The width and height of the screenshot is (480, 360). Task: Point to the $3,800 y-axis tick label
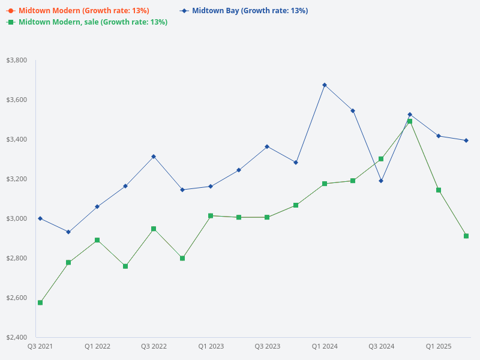16,60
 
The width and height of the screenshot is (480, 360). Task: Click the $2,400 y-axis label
16,337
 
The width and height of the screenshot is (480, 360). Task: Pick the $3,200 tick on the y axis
16,179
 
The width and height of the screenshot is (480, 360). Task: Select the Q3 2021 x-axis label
40,346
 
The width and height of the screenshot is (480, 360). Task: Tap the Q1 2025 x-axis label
439,346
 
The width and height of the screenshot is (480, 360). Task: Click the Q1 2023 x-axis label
211,346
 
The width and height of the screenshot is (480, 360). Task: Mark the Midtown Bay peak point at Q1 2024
325,85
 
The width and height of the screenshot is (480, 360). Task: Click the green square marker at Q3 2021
40,302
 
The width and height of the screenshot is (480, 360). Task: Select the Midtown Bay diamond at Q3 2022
154,157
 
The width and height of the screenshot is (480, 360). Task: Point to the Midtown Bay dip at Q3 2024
381,181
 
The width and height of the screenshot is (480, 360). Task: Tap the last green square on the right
466,236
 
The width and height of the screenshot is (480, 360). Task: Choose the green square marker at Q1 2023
211,215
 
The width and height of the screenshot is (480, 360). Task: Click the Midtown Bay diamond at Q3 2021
40,218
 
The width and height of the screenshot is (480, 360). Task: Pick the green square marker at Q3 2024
381,159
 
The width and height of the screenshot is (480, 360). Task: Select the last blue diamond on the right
466,140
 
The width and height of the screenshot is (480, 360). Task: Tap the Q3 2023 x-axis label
267,346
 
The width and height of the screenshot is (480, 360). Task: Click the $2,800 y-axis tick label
16,258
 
